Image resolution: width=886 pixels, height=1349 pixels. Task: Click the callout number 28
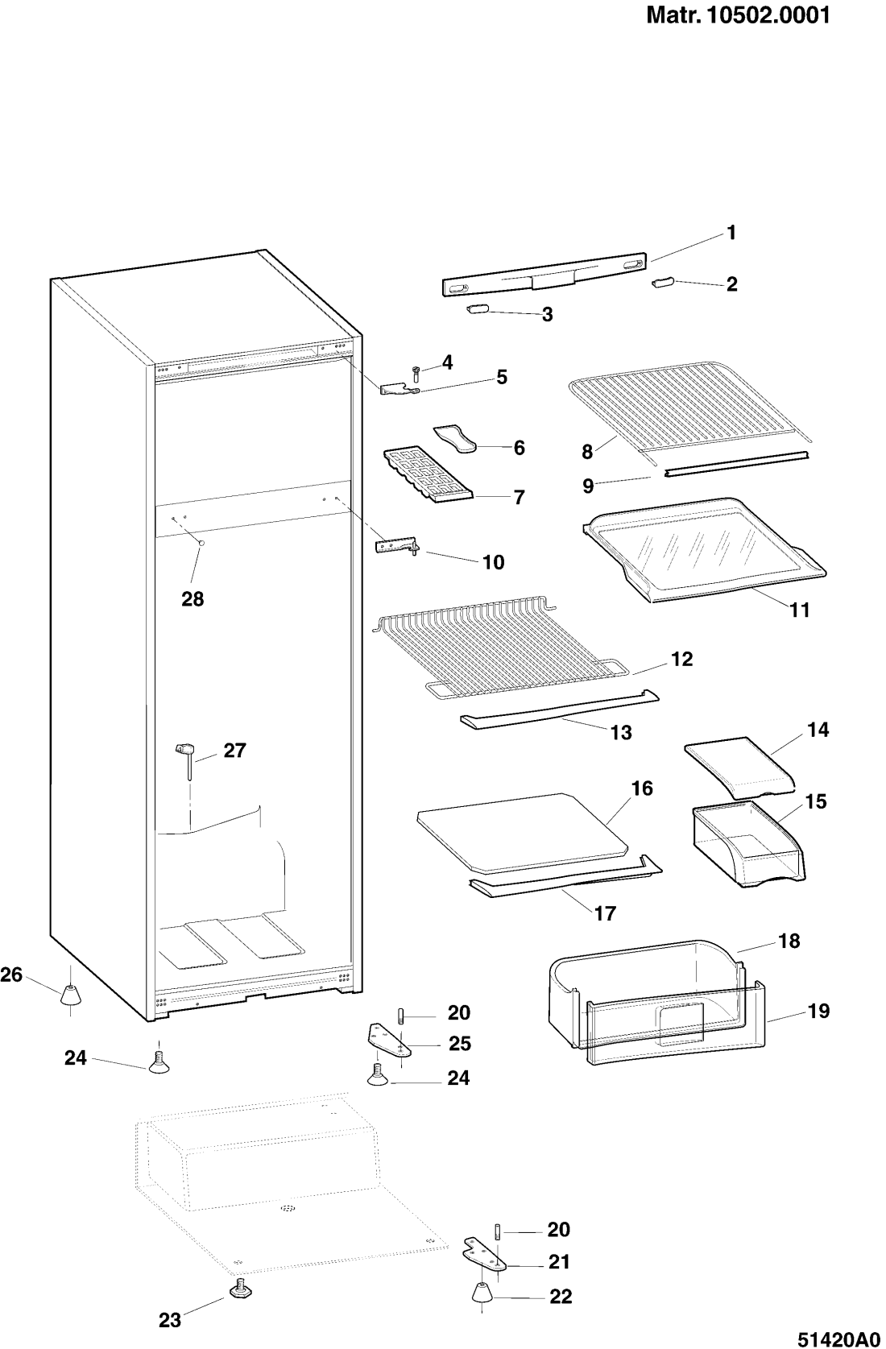pyautogui.click(x=193, y=598)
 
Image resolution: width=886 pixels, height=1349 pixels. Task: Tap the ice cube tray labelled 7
pyautogui.click(x=429, y=472)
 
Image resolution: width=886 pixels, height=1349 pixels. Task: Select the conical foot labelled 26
pyautogui.click(x=70, y=995)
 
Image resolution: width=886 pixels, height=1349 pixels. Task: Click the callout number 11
pyautogui.click(x=799, y=610)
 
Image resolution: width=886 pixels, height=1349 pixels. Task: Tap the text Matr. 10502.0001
pyautogui.click(x=739, y=15)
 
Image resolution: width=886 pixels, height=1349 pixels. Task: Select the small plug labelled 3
pyautogui.click(x=476, y=309)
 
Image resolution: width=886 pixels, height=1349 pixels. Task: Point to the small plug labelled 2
pyautogui.click(x=660, y=283)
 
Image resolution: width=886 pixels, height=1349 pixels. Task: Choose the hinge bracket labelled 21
pyautogui.click(x=485, y=1254)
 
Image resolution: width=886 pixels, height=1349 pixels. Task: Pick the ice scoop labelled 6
pyautogui.click(x=455, y=439)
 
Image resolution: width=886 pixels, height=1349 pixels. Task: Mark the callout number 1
pyautogui.click(x=731, y=233)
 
